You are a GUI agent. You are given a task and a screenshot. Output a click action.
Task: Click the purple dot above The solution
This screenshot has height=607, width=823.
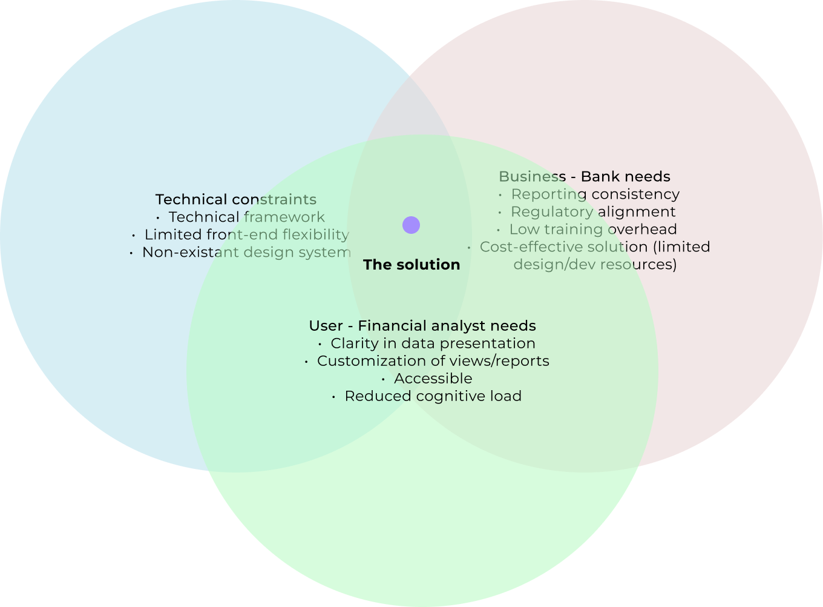pos(411,225)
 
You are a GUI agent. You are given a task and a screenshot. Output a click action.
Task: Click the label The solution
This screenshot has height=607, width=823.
pos(411,265)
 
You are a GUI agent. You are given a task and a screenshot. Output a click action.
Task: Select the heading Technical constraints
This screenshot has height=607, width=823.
pos(236,200)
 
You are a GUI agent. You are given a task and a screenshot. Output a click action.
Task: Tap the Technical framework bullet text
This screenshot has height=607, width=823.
pos(247,217)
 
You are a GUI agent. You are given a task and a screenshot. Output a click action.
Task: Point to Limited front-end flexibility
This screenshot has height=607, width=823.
pos(246,235)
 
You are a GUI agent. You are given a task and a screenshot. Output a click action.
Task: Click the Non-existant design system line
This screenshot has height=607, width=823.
pos(246,253)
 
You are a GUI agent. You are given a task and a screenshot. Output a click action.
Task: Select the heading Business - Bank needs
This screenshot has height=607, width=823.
pos(585,177)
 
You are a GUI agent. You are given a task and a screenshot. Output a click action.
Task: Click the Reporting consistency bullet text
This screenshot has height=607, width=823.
pos(595,194)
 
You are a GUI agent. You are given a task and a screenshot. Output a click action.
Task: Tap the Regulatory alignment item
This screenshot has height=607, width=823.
pos(593,212)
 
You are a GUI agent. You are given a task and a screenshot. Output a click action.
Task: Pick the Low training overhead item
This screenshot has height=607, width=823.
pos(593,230)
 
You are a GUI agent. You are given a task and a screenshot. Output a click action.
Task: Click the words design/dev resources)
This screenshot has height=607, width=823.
pos(595,265)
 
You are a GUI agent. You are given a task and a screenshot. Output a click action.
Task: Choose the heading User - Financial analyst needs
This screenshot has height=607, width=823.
pos(422,326)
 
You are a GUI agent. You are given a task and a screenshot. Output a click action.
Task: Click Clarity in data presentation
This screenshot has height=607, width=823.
pos(433,343)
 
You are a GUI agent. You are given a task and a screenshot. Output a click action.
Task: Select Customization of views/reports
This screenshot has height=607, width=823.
pos(433,361)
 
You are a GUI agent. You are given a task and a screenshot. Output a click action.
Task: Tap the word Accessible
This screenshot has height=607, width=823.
pos(433,379)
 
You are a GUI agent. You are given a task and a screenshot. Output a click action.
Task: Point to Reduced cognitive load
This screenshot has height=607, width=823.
pos(433,396)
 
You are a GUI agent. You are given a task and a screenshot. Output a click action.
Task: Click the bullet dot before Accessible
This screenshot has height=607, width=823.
pos(384,379)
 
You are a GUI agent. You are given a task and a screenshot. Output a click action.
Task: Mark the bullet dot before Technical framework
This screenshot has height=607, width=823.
pos(158,218)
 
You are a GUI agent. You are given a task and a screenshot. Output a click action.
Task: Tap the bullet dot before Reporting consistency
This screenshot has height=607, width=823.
pos(500,195)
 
